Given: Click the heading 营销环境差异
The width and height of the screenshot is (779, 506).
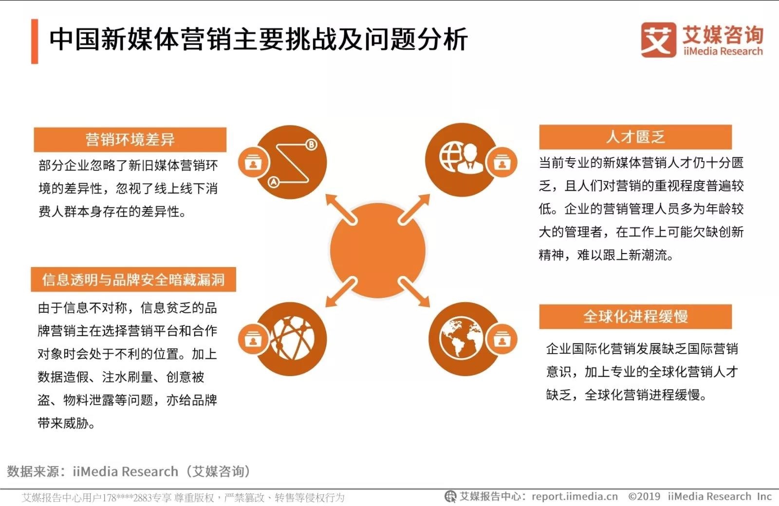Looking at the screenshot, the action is pos(130,140).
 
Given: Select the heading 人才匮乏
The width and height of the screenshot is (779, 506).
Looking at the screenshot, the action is pos(635,137).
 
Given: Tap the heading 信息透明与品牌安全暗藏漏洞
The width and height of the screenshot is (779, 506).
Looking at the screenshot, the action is pos(133,279).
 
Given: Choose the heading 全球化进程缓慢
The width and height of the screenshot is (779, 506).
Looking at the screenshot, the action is pos(635,317).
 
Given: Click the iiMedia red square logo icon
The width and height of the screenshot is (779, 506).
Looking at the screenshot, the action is pos(659,40).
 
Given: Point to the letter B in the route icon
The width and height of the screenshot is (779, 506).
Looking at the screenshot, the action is pos(311,145).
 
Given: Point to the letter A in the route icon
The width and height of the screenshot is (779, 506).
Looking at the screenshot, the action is pos(273,182).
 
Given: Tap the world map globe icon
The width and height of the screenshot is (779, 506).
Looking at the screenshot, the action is pos(461,338).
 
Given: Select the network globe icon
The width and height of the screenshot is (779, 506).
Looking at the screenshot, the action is pos(292,338).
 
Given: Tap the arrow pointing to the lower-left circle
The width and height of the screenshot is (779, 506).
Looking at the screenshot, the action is pos(341,292).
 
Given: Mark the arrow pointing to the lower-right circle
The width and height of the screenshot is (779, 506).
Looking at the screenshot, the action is pos(414,292).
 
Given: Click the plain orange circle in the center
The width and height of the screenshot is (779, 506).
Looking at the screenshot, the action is pos(378,251).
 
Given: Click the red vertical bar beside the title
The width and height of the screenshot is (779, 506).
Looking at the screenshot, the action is pos(35,41).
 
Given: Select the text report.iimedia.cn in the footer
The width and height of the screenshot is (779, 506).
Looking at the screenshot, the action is pos(575,496).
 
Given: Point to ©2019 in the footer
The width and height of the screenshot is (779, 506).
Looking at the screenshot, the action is pos(644,496).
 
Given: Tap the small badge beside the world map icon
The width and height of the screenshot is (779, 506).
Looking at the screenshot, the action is pos(502,339).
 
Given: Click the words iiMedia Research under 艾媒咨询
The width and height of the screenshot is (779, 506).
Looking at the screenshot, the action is pos(723,52).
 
